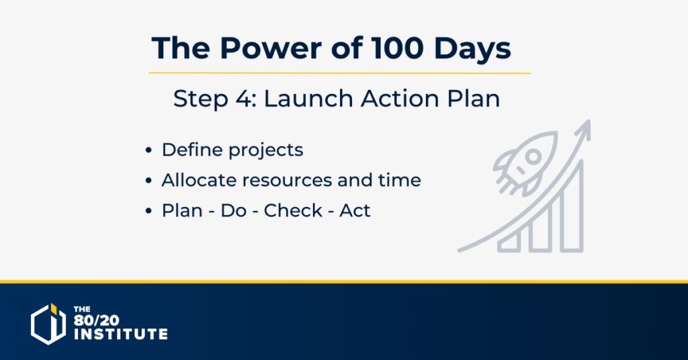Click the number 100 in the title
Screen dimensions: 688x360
(x=398, y=48)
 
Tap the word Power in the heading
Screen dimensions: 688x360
(x=271, y=48)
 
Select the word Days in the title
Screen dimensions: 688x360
(x=472, y=49)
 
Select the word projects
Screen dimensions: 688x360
(x=266, y=151)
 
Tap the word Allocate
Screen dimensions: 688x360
(x=199, y=180)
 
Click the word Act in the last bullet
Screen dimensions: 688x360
(x=355, y=211)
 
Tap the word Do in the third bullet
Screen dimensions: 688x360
(x=233, y=211)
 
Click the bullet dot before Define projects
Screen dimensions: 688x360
(x=148, y=150)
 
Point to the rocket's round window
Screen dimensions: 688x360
(x=533, y=156)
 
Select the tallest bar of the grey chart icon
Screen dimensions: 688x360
(x=572, y=206)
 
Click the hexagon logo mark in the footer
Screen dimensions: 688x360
(x=48, y=324)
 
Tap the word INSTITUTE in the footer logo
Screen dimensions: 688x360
(x=121, y=334)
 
